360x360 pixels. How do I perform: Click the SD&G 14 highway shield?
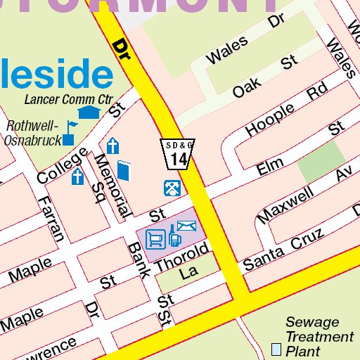click(178, 154)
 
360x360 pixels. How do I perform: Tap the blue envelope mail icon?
click(186, 226)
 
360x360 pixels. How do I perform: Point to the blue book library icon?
click(124, 171)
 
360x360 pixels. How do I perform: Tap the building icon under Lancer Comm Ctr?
click(88, 112)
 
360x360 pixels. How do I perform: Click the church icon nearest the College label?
click(77, 176)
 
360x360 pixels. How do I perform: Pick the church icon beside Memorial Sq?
click(112, 146)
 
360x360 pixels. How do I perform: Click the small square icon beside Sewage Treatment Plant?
click(276, 348)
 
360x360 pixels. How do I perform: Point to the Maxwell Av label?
click(304, 193)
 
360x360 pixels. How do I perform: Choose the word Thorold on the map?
click(182, 258)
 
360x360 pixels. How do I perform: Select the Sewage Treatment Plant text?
click(319, 337)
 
